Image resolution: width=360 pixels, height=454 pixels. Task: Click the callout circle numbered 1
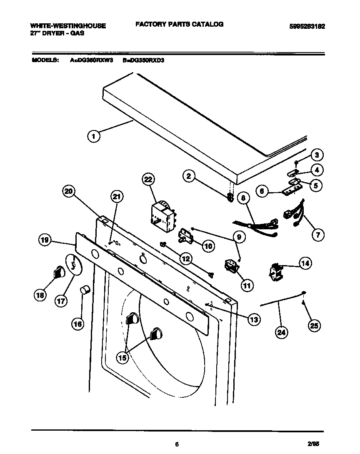94,136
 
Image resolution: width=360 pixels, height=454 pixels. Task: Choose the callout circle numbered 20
69,191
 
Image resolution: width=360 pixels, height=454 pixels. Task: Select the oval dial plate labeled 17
73,265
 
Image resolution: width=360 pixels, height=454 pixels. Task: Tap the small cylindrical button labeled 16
85,290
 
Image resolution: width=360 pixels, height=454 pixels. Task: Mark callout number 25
314,326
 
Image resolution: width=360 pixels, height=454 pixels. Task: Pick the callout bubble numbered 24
282,332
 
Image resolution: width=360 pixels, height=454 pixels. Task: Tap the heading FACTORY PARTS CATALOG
179,24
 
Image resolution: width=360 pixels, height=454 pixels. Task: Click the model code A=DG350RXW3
91,60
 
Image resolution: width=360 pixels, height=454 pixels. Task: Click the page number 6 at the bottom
177,445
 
